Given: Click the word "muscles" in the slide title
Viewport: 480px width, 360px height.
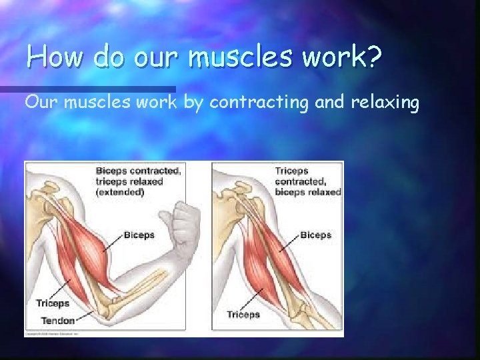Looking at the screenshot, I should (241, 57).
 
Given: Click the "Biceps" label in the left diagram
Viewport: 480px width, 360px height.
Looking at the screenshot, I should (139, 235).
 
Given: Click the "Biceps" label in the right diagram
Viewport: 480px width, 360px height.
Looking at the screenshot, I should (315, 235).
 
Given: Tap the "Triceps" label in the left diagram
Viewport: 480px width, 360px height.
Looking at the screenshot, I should (52, 303).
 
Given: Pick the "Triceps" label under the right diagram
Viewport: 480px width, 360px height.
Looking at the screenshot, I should (243, 314).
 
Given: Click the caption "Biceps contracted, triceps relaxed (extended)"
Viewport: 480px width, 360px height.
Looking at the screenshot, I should (137, 181).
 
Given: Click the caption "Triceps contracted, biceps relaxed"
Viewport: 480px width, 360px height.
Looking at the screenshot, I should (307, 181).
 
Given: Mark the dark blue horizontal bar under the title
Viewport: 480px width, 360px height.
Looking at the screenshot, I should (87, 89).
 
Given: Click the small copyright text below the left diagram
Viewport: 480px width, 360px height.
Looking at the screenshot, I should (53, 333).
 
